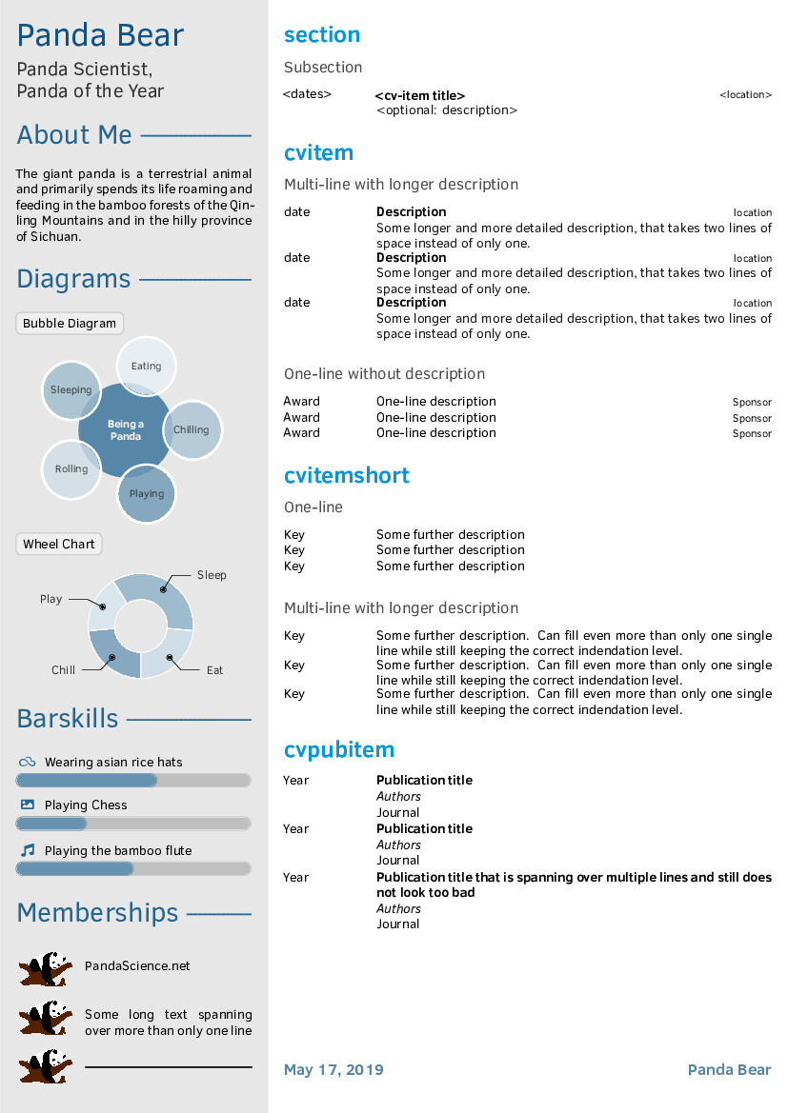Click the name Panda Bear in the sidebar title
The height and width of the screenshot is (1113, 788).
[100, 35]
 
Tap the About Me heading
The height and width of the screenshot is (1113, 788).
[74, 135]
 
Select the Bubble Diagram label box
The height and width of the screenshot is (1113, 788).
[70, 324]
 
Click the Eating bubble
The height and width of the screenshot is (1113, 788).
[147, 366]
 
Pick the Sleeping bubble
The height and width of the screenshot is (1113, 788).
[71, 389]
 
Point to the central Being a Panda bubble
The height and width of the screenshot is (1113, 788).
[125, 430]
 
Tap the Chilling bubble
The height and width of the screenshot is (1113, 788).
[192, 429]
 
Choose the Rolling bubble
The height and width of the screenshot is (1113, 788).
[71, 469]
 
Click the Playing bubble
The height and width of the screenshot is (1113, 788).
[147, 493]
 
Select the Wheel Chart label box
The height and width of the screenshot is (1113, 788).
[59, 545]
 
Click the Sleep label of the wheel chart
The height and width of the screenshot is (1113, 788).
[212, 575]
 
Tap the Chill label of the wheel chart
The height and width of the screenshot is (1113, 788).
[63, 670]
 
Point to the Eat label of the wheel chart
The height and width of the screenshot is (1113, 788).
[215, 670]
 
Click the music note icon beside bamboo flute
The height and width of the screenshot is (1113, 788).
[28, 850]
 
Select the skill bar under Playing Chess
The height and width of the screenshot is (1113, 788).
[133, 824]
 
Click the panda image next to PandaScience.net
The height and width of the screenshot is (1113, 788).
[45, 968]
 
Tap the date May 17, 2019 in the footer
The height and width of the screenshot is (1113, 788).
[333, 1070]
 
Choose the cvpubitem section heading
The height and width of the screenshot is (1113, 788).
[339, 749]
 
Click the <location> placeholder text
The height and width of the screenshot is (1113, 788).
[745, 95]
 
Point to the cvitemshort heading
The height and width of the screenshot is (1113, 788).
[347, 475]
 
